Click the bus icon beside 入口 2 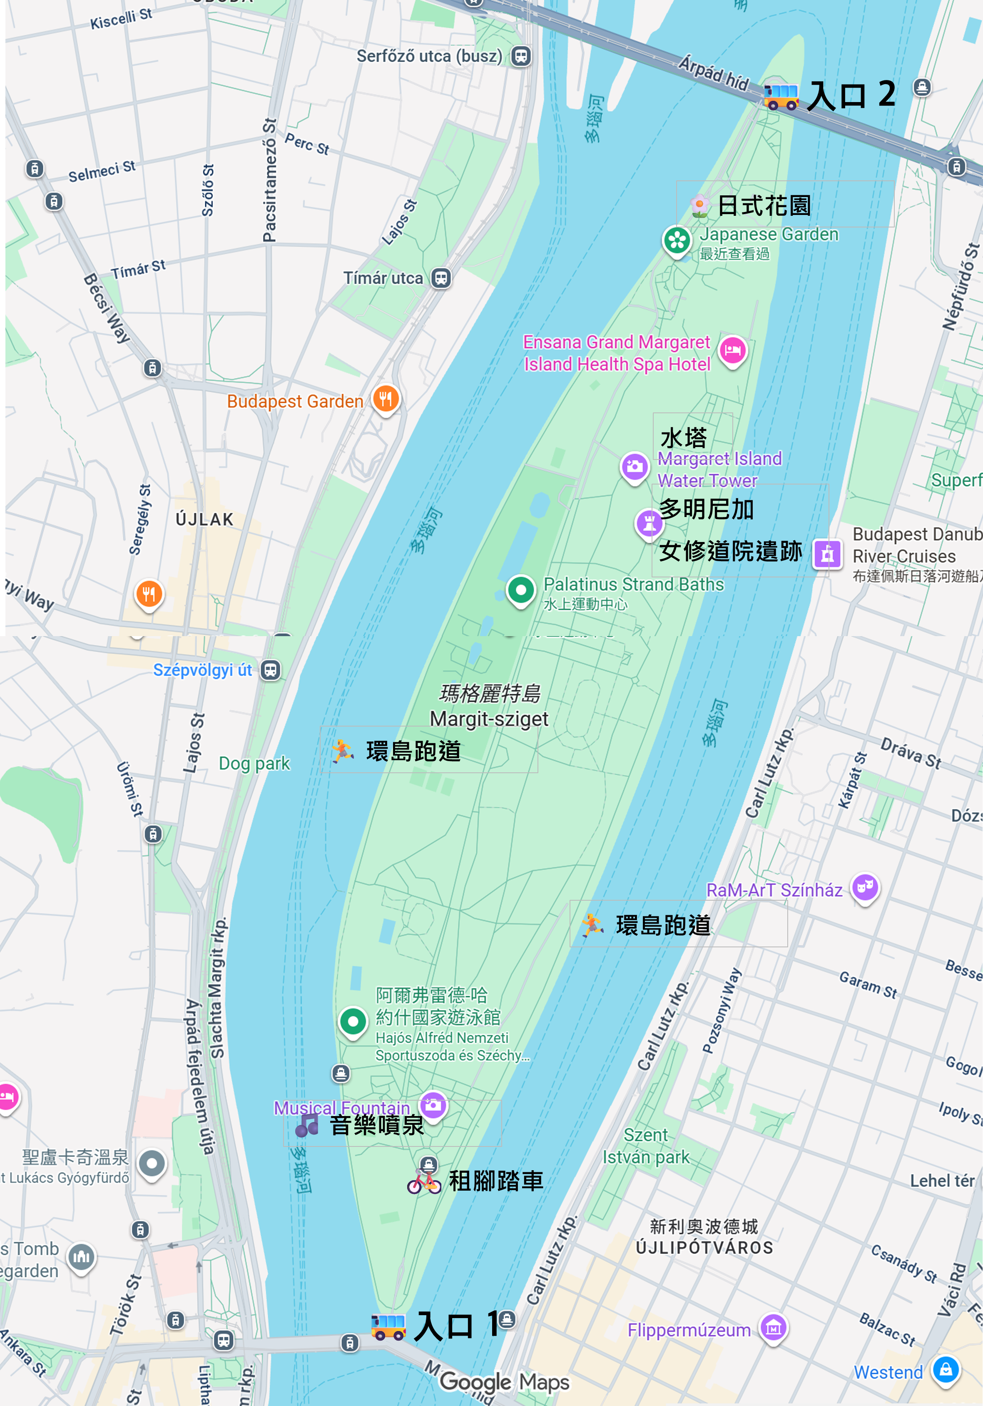click(x=781, y=95)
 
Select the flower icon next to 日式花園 click(x=699, y=206)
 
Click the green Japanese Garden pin click(x=677, y=241)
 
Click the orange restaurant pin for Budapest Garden click(x=386, y=399)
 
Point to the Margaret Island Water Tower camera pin click(x=635, y=467)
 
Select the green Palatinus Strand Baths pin click(x=521, y=590)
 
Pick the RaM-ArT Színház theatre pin click(x=865, y=887)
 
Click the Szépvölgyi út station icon click(x=271, y=670)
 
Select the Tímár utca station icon click(x=440, y=278)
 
